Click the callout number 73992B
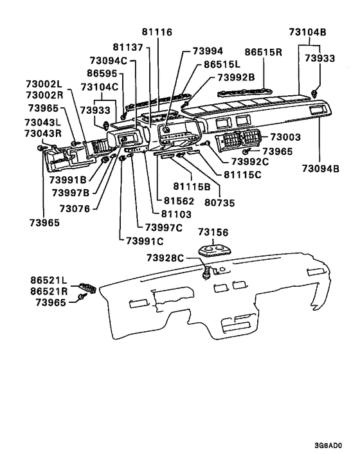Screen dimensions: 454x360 [x=235, y=77]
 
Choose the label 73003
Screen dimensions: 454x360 [x=285, y=138]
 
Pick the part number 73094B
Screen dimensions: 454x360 [x=321, y=168]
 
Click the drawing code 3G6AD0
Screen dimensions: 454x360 [x=328, y=445]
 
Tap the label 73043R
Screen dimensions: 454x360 [x=43, y=134]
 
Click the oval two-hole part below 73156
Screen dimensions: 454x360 [x=213, y=249]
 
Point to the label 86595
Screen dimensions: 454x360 [x=104, y=74]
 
